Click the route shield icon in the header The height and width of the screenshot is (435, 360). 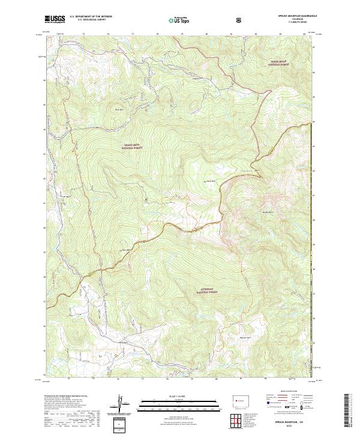click(241, 20)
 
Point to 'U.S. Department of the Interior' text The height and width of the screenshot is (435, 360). click(91, 17)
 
